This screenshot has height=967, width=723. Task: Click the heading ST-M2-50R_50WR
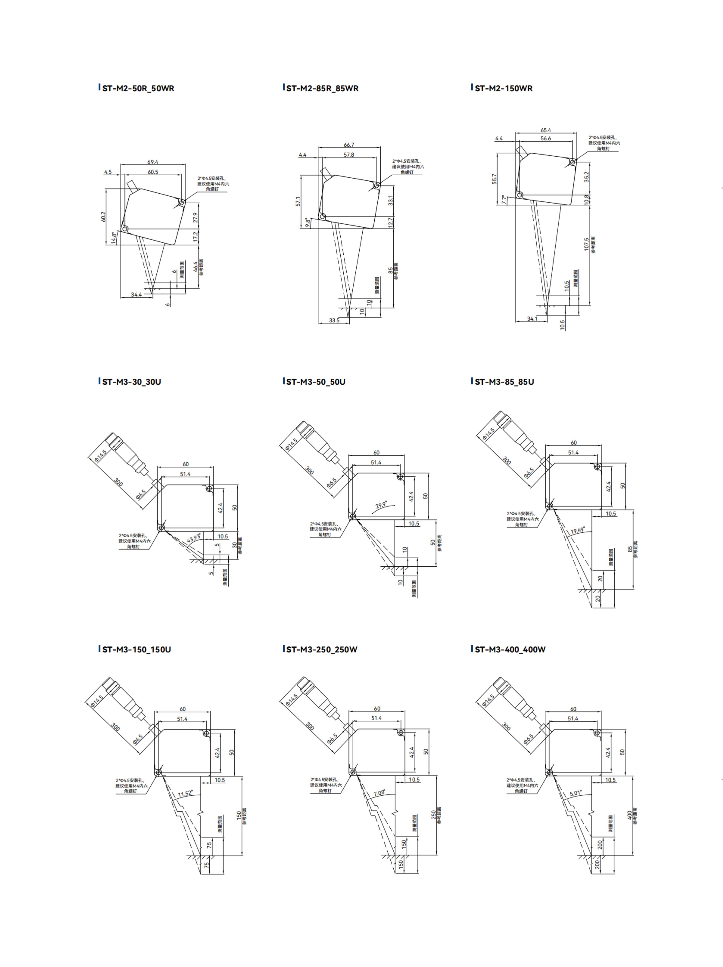click(x=138, y=88)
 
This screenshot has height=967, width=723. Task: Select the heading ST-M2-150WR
click(x=503, y=88)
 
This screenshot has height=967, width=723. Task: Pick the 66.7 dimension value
click(x=349, y=145)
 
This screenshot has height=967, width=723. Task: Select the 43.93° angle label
click(x=194, y=538)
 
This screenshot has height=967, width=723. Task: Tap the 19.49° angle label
click(x=577, y=531)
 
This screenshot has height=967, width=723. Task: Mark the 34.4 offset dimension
click(x=136, y=295)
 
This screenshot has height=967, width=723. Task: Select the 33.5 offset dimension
click(x=334, y=320)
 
